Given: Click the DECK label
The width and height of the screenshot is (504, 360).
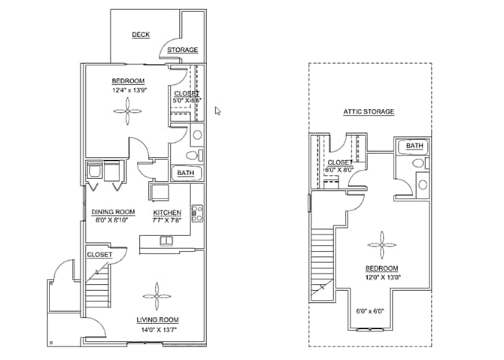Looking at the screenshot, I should (140, 35).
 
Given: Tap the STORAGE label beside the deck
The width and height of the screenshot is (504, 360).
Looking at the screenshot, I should (182, 50).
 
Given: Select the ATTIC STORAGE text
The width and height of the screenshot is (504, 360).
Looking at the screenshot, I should (369, 112).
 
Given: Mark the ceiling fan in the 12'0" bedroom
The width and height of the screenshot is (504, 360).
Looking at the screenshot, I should (381, 244).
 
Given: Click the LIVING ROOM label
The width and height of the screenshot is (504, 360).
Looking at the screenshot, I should (156, 321).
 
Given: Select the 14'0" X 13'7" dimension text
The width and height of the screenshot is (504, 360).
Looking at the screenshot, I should (156, 330).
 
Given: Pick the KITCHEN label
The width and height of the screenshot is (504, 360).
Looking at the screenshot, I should (167, 213).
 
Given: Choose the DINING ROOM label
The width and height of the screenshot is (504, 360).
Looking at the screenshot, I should (113, 213).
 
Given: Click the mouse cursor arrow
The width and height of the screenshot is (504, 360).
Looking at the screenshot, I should (217, 110).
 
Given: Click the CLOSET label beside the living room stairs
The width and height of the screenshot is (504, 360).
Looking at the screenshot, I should (99, 255).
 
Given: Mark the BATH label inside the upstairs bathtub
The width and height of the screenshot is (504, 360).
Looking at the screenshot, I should (414, 146).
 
